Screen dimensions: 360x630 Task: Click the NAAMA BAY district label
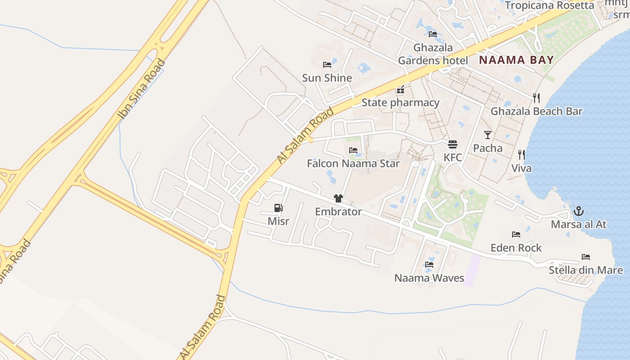tap(516, 60)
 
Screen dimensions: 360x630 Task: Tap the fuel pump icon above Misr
tap(279, 208)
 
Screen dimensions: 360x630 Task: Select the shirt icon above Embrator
tap(338, 198)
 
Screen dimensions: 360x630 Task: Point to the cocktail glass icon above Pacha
tap(488, 135)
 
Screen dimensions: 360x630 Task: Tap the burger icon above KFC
tap(453, 144)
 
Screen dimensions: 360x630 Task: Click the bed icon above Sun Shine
tap(327, 65)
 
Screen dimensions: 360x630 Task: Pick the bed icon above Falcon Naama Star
tap(353, 150)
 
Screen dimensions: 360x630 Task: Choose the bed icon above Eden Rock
tap(516, 234)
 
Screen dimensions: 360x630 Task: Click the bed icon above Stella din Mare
tap(586, 257)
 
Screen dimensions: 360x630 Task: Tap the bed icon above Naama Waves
tap(429, 265)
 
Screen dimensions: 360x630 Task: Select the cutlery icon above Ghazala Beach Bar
tap(536, 98)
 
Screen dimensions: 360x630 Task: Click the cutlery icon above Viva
tap(522, 155)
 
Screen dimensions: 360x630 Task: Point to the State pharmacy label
tap(400, 103)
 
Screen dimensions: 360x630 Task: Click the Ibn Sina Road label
tap(141, 89)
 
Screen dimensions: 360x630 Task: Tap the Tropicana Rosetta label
tap(549, 5)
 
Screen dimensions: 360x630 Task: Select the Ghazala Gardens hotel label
tap(433, 54)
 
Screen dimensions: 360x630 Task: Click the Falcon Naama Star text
tap(353, 163)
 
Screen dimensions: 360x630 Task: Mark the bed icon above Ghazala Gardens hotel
tap(433, 34)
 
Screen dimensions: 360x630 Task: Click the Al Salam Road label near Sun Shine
tap(306, 135)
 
